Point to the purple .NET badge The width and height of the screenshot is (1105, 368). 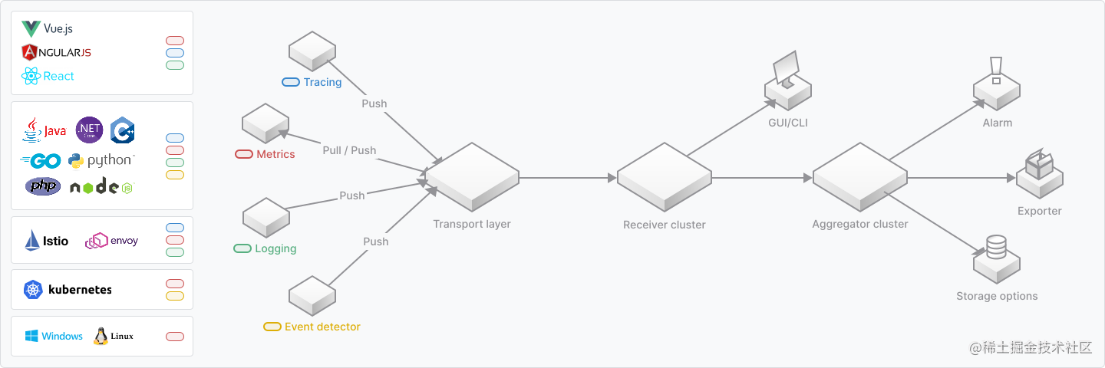90,130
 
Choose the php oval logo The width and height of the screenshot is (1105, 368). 43,186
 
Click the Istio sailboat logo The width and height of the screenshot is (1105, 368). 32,240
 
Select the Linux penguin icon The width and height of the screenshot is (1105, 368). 101,336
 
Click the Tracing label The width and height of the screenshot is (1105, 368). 322,82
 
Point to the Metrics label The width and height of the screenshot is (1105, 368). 275,154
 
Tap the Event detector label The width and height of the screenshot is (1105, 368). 322,327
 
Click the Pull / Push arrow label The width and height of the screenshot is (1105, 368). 349,150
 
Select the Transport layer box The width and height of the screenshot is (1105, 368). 472,177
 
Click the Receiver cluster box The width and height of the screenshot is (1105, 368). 665,177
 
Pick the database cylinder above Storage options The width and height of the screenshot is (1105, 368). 996,247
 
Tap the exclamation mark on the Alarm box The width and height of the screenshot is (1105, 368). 996,70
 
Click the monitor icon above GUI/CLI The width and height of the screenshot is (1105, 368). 786,69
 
